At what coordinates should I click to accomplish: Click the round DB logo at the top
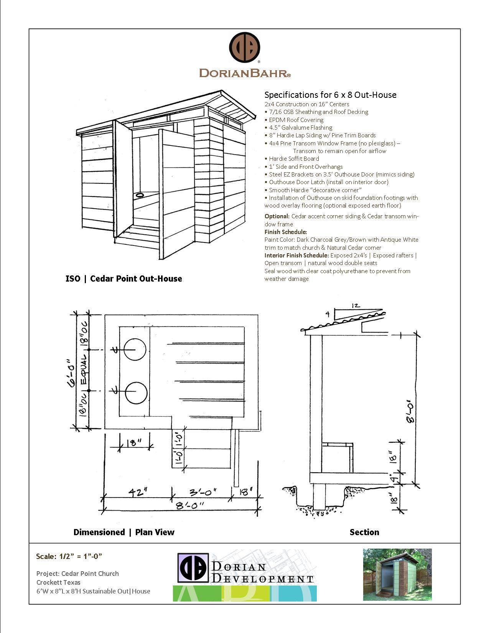click(x=245, y=48)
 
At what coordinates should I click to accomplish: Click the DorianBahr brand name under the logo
click(x=245, y=73)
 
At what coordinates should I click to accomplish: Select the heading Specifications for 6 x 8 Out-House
click(x=330, y=95)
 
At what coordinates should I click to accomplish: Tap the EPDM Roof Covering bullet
click(x=296, y=120)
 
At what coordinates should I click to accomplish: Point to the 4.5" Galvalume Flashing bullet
click(x=300, y=127)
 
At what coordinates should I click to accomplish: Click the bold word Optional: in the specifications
click(x=277, y=216)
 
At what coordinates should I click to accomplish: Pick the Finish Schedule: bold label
click(x=286, y=232)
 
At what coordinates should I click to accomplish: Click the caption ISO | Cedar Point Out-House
click(x=123, y=279)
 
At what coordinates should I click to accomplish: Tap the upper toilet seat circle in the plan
click(x=135, y=349)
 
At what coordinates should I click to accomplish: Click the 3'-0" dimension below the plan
click(x=203, y=491)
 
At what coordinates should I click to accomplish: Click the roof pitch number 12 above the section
click(x=356, y=305)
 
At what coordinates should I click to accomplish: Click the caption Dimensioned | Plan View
click(x=123, y=532)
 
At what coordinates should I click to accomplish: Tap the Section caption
click(x=364, y=532)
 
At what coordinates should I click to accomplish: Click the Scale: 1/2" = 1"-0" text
click(x=69, y=556)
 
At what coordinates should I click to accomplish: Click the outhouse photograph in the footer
click(x=397, y=574)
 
